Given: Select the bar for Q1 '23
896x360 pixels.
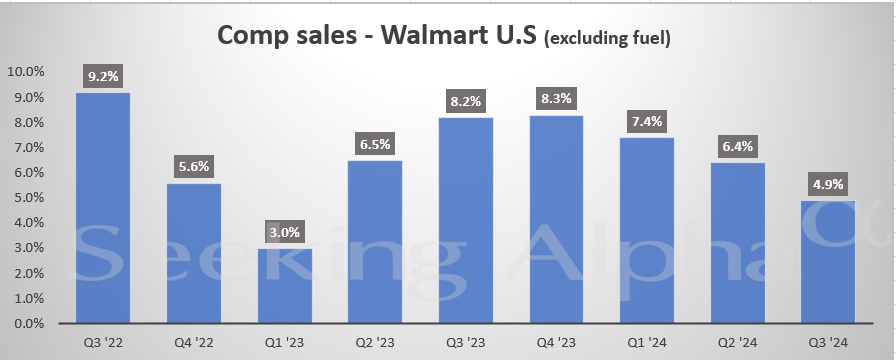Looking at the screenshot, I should tap(284, 286).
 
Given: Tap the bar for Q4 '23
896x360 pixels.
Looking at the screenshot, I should tap(557, 220).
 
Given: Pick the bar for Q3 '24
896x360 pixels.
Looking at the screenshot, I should tap(829, 262).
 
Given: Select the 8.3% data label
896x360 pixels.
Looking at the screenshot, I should tap(557, 97).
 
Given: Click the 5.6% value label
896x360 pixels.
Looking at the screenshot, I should tap(194, 165).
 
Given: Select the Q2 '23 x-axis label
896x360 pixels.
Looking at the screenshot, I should tap(376, 341).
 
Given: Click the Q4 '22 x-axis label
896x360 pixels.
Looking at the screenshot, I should tap(194, 341).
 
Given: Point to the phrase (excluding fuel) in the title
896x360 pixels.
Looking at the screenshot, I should tap(606, 39).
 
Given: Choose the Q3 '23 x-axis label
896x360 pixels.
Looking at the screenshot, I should tap(466, 341).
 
